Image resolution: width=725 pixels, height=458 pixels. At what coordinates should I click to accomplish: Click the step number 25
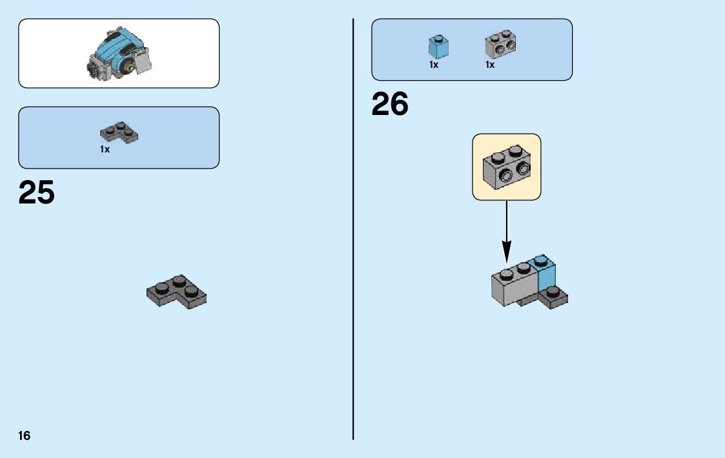37,193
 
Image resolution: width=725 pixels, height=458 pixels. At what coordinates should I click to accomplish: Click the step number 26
390,105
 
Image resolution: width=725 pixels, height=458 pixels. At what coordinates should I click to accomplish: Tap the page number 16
24,435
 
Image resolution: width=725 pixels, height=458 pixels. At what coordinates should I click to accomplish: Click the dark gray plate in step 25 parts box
119,132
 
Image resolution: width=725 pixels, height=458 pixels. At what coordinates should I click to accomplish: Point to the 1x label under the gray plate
105,149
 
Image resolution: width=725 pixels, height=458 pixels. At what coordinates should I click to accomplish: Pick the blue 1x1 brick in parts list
438,47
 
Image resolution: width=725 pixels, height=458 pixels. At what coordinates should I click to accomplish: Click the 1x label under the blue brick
434,65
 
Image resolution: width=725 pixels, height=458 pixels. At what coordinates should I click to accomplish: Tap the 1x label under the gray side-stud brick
490,65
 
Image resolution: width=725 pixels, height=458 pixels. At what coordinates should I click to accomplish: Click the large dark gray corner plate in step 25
177,293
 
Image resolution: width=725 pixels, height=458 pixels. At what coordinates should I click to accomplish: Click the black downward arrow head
507,250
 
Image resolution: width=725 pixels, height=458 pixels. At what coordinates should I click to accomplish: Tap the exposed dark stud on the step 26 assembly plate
553,291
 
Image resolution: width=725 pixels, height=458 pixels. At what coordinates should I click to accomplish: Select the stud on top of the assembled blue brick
541,260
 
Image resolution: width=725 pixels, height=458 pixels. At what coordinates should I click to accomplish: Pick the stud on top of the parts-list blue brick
438,38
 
